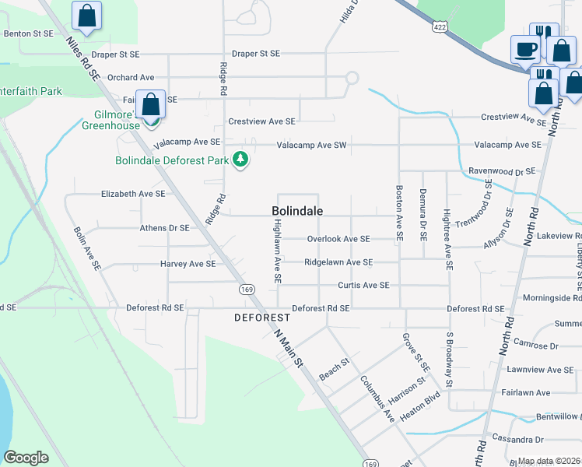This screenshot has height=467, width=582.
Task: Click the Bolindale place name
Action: pyautogui.click(x=297, y=211)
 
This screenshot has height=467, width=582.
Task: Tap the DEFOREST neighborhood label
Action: pyautogui.click(x=262, y=318)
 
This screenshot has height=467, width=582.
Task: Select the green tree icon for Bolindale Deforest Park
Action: pyautogui.click(x=242, y=160)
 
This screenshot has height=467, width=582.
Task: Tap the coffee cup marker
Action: pyautogui.click(x=524, y=49)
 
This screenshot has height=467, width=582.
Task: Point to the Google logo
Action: pyautogui.click(x=26, y=458)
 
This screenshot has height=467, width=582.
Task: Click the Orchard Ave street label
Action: pyautogui.click(x=131, y=78)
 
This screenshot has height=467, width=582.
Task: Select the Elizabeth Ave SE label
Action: pyautogui.click(x=133, y=194)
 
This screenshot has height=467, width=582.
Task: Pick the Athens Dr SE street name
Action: pyautogui.click(x=158, y=228)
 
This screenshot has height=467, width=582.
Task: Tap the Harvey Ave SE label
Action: pyautogui.click(x=188, y=264)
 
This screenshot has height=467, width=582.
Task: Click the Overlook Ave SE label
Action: pyautogui.click(x=338, y=239)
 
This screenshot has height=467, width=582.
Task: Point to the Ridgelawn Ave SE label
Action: pyautogui.click(x=338, y=263)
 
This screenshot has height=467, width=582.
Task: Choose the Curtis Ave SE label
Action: pyautogui.click(x=363, y=286)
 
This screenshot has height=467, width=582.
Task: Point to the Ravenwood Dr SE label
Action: pyautogui.click(x=502, y=171)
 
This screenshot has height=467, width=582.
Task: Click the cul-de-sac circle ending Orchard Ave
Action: pyautogui.click(x=352, y=78)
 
